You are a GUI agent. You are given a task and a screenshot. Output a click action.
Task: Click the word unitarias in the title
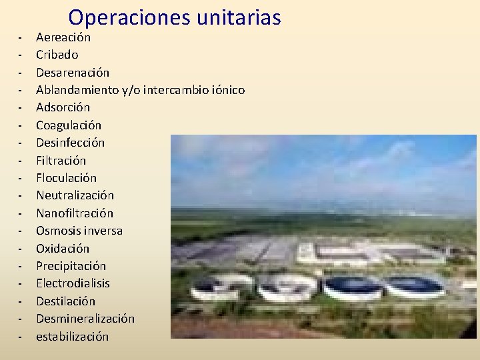click(239, 17)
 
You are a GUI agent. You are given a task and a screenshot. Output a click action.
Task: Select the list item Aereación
click(63, 37)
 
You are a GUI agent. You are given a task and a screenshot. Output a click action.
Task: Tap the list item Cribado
click(57, 55)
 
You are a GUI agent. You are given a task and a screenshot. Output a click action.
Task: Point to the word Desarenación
click(73, 72)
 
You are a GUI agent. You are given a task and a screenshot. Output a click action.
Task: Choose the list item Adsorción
click(63, 107)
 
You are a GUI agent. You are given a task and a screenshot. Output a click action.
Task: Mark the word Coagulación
click(69, 125)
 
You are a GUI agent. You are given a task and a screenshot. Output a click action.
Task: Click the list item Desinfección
click(70, 143)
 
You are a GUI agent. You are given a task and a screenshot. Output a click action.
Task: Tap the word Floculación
click(66, 178)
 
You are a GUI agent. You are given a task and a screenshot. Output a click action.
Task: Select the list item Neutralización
click(75, 195)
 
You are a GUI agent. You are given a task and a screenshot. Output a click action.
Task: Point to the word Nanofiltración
click(75, 213)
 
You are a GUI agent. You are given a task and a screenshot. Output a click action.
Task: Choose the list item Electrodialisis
click(73, 283)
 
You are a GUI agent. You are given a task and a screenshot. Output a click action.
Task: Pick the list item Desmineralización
click(85, 319)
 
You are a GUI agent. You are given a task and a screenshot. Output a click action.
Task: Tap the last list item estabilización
click(72, 337)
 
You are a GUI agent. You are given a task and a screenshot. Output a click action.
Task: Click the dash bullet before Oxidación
click(21, 249)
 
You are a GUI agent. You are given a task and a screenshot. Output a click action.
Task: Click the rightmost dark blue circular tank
click(414, 286)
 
